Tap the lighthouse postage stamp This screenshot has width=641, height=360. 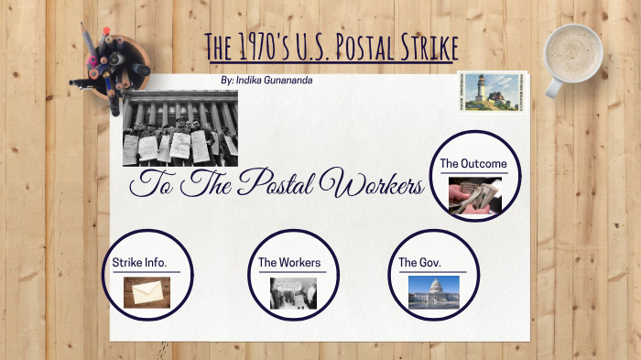[x=484, y=92]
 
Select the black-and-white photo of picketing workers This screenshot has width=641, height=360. [x=179, y=128]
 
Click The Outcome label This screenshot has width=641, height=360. [x=473, y=163]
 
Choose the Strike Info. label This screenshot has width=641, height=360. [x=139, y=263]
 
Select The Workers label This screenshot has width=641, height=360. [x=289, y=263]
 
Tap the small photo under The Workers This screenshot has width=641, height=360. [x=293, y=293]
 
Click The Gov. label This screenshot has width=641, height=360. [x=420, y=263]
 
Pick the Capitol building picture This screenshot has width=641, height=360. [x=434, y=292]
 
